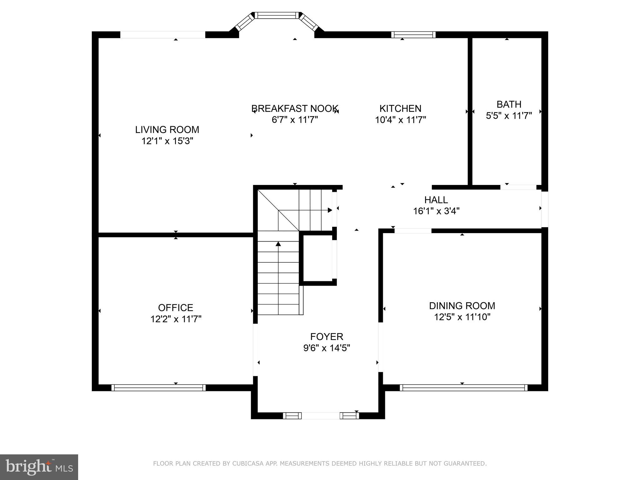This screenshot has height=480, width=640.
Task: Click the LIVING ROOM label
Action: tap(167, 129)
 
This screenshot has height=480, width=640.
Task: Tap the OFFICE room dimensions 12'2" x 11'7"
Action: tap(176, 319)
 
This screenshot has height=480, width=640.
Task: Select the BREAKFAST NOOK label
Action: tap(295, 108)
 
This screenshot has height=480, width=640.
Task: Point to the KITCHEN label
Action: tap(400, 108)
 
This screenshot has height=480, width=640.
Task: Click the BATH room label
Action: tap(509, 104)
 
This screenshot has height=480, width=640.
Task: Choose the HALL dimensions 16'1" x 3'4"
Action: tap(436, 211)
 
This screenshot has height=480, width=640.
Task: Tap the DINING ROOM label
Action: tap(462, 305)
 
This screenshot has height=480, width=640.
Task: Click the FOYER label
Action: tap(327, 337)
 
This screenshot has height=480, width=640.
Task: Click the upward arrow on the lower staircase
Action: tap(278, 244)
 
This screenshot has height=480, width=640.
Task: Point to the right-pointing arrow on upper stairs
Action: tap(329, 210)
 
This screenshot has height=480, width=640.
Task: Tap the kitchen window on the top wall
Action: tap(413, 34)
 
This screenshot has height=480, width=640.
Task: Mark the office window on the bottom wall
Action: tap(158, 388)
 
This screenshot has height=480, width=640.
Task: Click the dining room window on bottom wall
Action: tap(463, 388)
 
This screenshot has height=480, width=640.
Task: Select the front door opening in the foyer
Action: tap(321, 416)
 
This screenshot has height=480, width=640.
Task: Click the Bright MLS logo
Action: tap(39, 467)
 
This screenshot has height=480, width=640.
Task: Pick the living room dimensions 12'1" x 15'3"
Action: tap(167, 141)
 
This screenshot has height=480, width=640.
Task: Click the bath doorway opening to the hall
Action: tap(518, 187)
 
